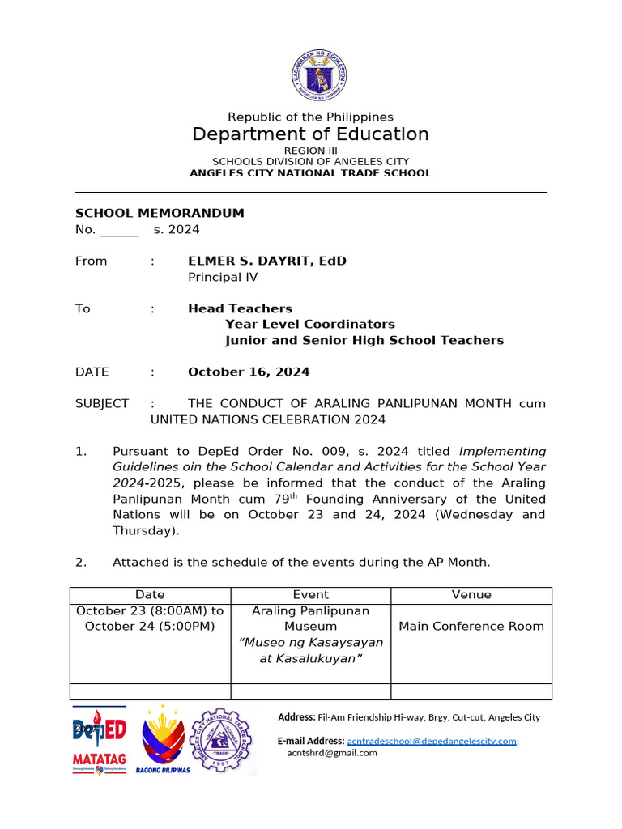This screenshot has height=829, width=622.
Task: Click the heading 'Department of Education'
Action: click(310, 134)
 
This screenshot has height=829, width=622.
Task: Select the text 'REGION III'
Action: click(310, 151)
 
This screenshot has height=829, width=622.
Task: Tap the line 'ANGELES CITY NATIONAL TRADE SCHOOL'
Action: click(310, 173)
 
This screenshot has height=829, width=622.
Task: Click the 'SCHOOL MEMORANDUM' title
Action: click(160, 214)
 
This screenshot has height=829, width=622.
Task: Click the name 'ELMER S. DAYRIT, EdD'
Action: click(267, 261)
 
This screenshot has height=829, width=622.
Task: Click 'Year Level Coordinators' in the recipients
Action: click(310, 325)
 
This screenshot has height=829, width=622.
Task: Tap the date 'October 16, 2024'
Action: click(249, 372)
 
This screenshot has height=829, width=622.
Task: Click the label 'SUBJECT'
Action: click(102, 404)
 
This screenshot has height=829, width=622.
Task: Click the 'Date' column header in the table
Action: click(150, 595)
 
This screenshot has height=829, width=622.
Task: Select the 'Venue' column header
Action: click(471, 595)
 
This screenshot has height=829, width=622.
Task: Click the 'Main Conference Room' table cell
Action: click(471, 627)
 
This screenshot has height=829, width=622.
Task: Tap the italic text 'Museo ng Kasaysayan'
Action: click(311, 643)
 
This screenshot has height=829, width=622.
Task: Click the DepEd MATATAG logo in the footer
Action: click(100, 739)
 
